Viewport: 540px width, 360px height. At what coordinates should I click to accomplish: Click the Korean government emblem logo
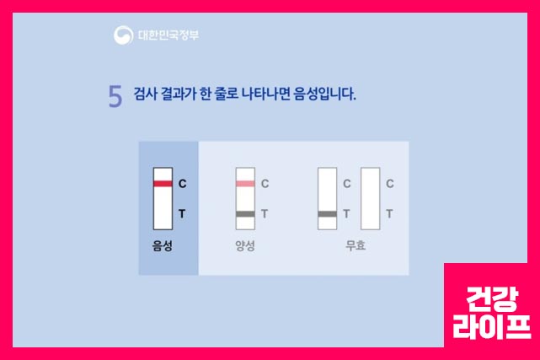[123, 35]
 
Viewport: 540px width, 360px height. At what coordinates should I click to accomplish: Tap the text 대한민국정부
[168, 35]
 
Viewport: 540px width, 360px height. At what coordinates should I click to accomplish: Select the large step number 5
[115, 97]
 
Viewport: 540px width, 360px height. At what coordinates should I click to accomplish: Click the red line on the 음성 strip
[163, 183]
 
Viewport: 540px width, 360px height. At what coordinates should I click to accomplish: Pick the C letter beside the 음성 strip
[182, 184]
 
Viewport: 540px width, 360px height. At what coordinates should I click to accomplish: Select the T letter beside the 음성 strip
[182, 214]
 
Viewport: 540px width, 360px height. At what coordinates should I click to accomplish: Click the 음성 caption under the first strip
[162, 247]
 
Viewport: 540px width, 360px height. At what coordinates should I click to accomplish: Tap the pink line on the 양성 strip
[245, 183]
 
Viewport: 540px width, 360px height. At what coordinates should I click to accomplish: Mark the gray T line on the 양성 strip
[245, 214]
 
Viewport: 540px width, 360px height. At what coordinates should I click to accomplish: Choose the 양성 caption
[245, 247]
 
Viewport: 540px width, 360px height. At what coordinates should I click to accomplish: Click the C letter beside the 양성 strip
[265, 184]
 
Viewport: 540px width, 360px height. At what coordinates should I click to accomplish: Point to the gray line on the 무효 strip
[328, 214]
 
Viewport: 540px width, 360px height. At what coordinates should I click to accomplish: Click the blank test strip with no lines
[370, 199]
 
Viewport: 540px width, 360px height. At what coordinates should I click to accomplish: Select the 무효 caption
[356, 247]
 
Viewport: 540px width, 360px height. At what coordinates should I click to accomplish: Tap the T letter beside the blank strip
[389, 214]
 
